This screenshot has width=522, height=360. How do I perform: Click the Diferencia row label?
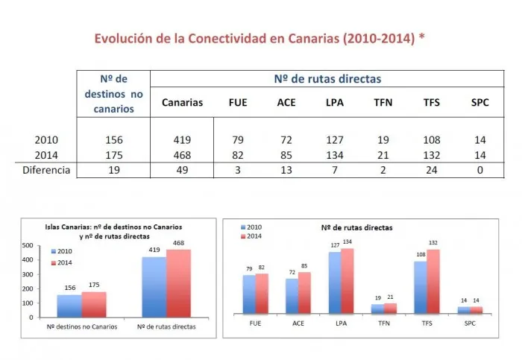coord(45,170)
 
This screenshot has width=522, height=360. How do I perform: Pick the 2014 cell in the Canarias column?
coord(181,155)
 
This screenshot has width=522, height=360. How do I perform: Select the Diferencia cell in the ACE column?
coord(286,170)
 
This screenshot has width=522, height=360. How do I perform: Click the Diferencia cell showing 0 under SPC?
coord(480,170)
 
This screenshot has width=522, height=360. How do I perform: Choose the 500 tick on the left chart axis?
coord(26,245)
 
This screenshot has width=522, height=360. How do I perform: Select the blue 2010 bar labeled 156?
coord(69,306)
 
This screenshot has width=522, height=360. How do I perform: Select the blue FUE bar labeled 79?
coord(248,294)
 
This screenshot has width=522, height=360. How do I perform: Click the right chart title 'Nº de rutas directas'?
coord(356,226)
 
